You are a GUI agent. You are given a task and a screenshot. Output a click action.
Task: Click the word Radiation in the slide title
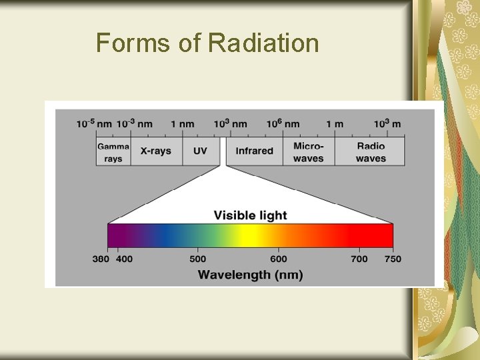point(264,43)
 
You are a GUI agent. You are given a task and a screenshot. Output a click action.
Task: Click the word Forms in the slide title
point(134,43)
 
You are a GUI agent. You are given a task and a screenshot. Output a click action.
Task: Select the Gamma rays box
point(113,152)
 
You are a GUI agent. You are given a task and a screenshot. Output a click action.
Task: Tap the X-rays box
point(155,151)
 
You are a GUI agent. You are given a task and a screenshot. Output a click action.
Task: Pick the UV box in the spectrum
point(200,151)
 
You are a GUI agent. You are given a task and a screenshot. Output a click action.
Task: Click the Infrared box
point(255,151)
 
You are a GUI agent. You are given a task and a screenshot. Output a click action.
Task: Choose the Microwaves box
point(309,152)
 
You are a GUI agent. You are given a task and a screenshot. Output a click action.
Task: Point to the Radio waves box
point(371,152)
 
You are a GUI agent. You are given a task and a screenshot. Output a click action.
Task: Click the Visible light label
point(250,215)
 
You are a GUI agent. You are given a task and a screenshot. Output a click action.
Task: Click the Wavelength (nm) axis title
point(250,275)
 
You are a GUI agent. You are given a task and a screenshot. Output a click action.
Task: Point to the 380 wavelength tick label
point(101,259)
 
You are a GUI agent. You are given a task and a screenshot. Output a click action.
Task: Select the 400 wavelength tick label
point(124,259)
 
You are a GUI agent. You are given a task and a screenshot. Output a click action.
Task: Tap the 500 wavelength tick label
point(198,259)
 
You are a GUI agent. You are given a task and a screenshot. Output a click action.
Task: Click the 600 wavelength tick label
point(279,259)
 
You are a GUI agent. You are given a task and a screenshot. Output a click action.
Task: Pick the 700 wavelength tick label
point(359,259)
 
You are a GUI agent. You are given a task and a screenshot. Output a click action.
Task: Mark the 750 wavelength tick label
point(393,259)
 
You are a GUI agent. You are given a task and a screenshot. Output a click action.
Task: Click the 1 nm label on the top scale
point(183,124)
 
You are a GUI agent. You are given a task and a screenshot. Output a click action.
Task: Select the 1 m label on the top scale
point(335,124)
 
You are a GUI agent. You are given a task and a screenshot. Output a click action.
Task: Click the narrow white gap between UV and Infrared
point(223,151)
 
